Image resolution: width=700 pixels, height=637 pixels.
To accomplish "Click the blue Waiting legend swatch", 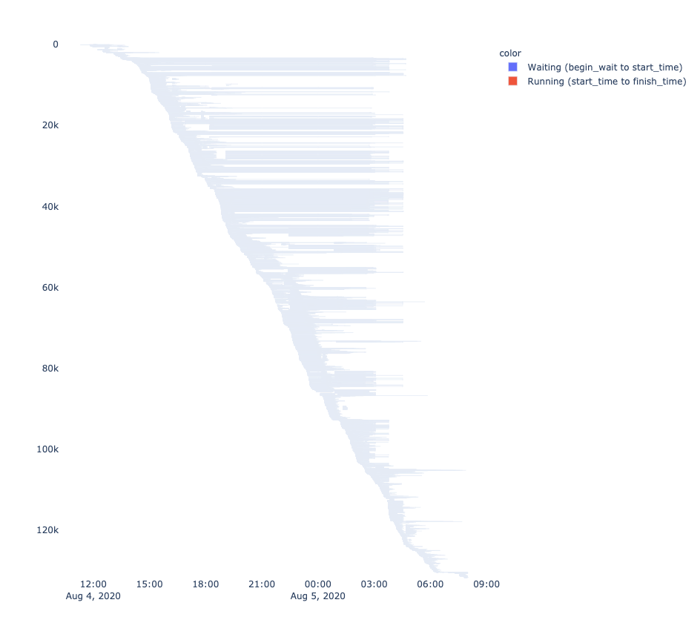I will click(x=512, y=67).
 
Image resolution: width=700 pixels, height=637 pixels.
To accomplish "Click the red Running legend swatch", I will click(x=512, y=82).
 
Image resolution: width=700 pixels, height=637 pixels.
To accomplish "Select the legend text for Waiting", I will click(x=604, y=67).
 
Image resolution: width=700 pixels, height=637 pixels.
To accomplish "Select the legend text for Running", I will click(x=607, y=82).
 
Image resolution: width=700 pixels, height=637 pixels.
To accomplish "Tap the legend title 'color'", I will click(x=509, y=53).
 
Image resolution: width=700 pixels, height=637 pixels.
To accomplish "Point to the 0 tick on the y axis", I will click(x=56, y=44).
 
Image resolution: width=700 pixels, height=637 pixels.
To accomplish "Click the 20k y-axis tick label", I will click(x=50, y=125).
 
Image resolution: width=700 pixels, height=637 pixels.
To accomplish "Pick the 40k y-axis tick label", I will click(x=50, y=206).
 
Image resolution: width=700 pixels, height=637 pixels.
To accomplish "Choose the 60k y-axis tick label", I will click(x=50, y=287).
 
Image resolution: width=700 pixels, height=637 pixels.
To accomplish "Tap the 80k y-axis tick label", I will click(x=50, y=368).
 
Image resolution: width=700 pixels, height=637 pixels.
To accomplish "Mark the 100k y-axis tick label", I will click(x=48, y=449).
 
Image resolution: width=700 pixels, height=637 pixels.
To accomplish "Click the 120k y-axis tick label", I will click(x=48, y=529).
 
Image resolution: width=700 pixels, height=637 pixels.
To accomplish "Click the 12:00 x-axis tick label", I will click(x=93, y=584).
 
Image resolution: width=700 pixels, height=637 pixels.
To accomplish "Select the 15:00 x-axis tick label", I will click(x=150, y=584).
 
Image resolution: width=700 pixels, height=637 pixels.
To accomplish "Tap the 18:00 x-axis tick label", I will click(x=205, y=584).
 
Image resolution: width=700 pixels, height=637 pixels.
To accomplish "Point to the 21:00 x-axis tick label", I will click(x=262, y=584).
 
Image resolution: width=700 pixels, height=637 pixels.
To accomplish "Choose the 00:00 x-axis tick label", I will click(x=318, y=584).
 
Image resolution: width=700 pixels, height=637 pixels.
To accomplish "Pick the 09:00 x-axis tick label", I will click(x=486, y=584).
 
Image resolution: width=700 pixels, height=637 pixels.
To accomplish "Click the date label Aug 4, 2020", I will click(x=93, y=596).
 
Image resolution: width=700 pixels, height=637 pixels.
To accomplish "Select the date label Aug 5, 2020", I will click(x=318, y=596).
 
